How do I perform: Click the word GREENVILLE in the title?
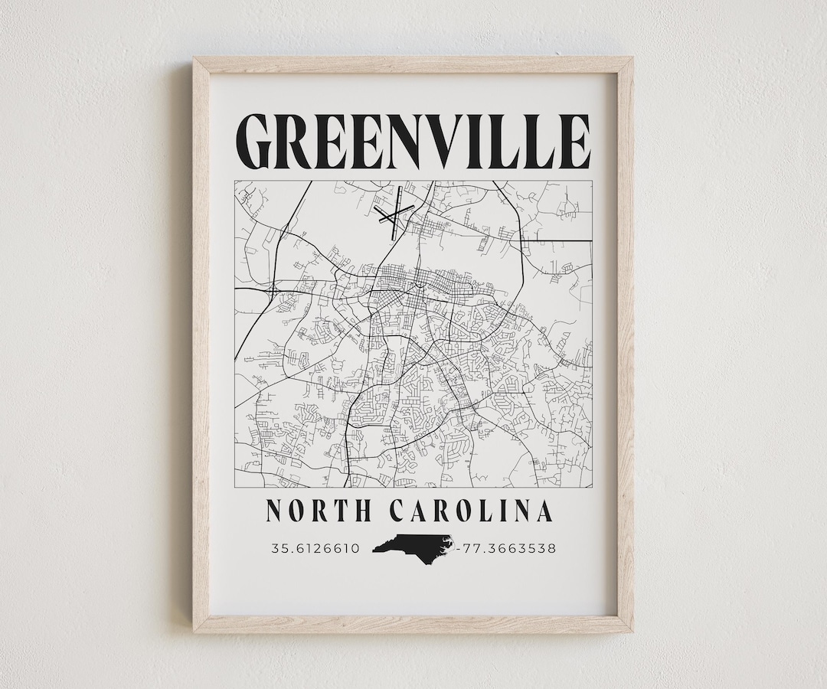pyautogui.click(x=413, y=142)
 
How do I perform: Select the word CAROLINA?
pyautogui.click(x=471, y=511)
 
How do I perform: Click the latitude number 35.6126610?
pyautogui.click(x=315, y=548)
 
